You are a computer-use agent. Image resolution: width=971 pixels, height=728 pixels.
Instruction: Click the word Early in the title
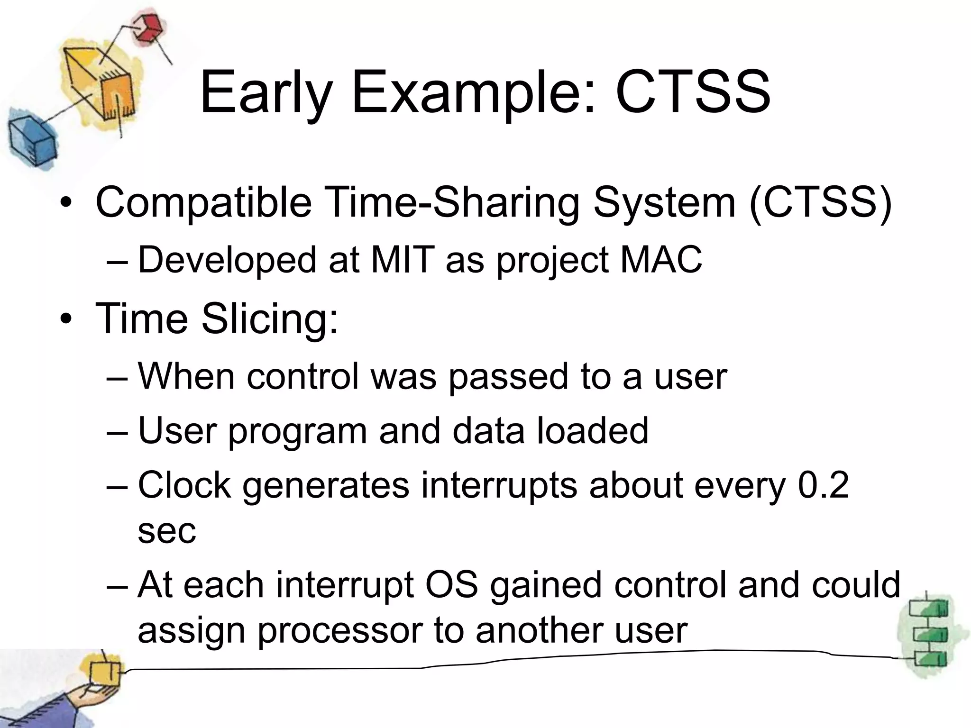click(266, 92)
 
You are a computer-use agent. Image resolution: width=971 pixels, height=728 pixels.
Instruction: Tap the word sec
click(166, 531)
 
